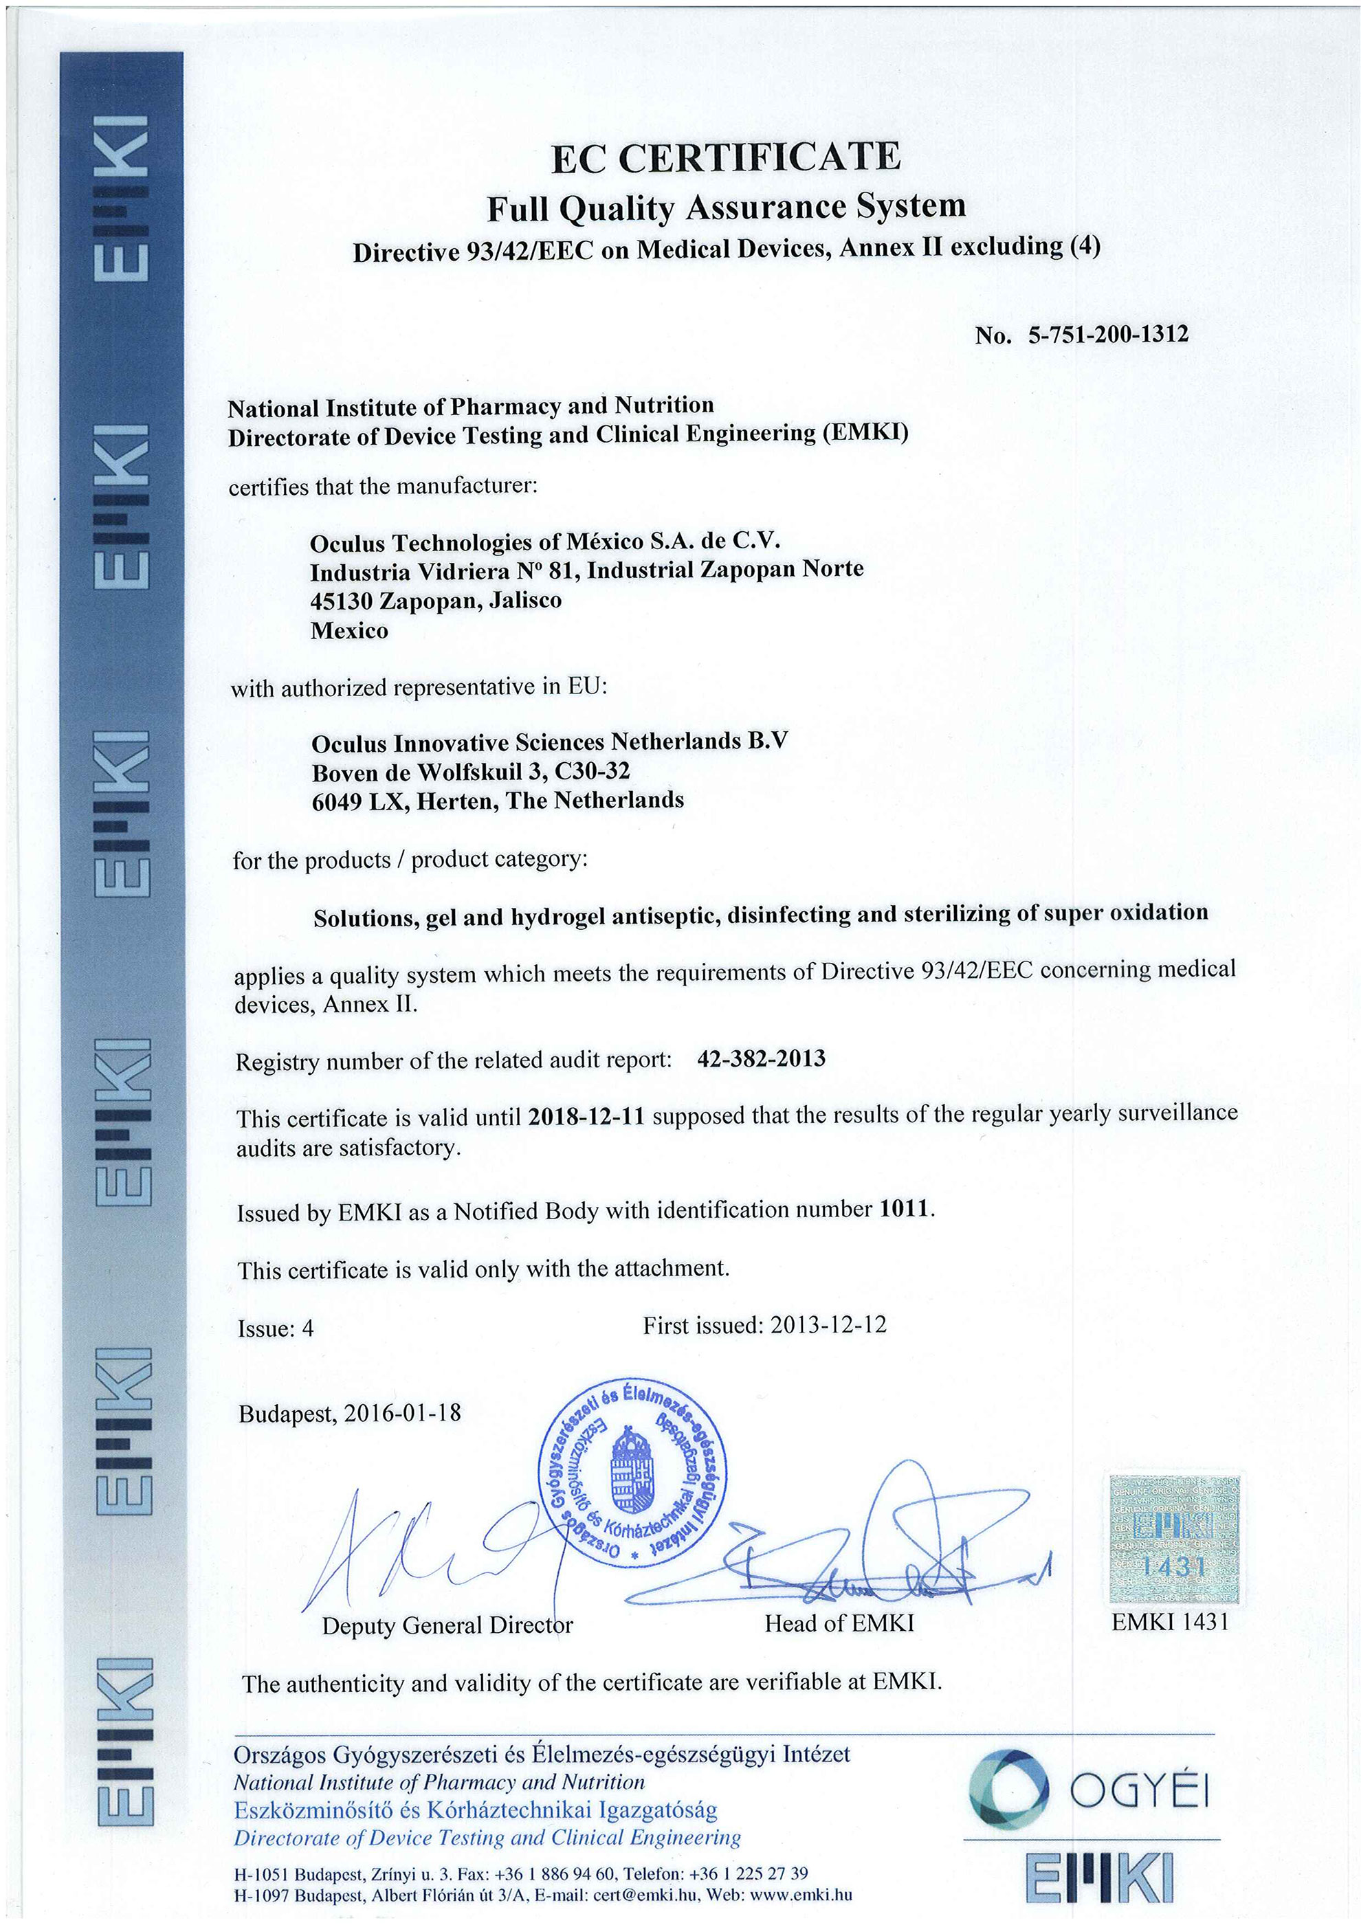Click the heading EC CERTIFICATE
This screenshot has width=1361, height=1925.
tap(725, 157)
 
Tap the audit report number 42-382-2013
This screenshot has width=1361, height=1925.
tap(761, 1059)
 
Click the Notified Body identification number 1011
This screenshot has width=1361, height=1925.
tap(904, 1209)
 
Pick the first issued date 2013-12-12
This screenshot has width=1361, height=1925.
tap(828, 1325)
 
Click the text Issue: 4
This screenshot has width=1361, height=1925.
tap(275, 1328)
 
